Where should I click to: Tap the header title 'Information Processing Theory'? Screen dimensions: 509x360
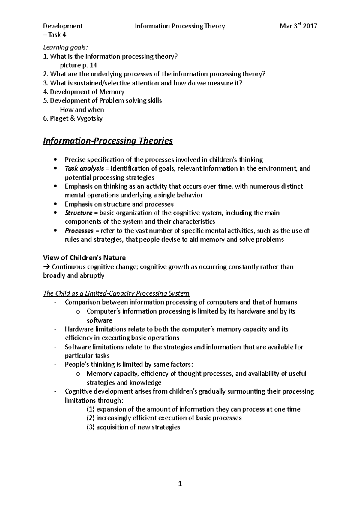coord(180,26)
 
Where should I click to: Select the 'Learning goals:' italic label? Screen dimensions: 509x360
coord(66,47)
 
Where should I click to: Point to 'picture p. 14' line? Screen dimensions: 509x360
coord(78,65)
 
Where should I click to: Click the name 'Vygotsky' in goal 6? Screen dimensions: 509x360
coord(90,118)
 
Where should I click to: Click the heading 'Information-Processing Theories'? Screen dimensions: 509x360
coord(108,141)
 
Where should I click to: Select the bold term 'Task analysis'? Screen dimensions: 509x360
coord(84,168)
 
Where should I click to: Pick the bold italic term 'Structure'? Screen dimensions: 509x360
coord(78,213)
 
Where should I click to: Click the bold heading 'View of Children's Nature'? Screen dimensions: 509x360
coord(84,258)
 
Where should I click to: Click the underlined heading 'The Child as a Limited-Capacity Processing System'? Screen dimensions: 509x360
coord(116,293)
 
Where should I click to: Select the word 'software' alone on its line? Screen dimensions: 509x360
coord(99,320)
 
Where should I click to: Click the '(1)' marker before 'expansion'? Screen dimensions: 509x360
coord(90,409)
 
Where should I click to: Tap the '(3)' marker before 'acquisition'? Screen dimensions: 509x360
coord(90,427)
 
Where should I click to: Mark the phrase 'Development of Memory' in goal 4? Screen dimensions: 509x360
coord(87,92)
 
